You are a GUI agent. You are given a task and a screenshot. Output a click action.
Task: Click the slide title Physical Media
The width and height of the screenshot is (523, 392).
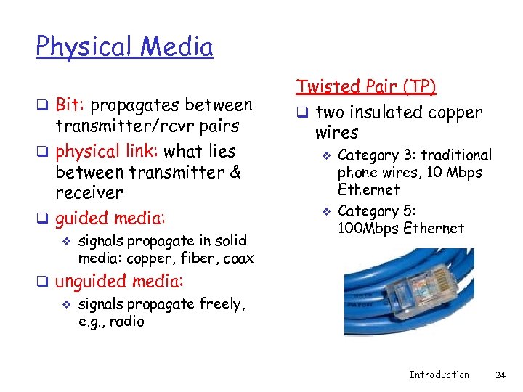click(124, 47)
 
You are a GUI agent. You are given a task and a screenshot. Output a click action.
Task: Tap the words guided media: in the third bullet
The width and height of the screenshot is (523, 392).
click(110, 218)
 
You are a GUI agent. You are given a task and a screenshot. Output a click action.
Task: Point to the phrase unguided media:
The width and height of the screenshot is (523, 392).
click(120, 281)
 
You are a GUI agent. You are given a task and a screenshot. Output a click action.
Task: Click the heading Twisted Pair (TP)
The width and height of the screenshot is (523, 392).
click(365, 87)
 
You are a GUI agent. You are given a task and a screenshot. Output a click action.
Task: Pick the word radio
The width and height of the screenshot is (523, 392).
click(127, 321)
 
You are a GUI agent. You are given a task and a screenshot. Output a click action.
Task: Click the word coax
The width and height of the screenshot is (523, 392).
click(238, 259)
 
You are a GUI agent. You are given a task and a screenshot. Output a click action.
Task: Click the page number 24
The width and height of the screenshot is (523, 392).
click(500, 375)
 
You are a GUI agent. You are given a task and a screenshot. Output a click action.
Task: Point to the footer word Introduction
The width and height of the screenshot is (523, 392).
click(439, 375)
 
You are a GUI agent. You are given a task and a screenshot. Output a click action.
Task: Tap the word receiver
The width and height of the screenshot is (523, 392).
click(89, 193)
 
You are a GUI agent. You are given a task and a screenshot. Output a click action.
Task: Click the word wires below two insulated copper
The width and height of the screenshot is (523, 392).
click(336, 133)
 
